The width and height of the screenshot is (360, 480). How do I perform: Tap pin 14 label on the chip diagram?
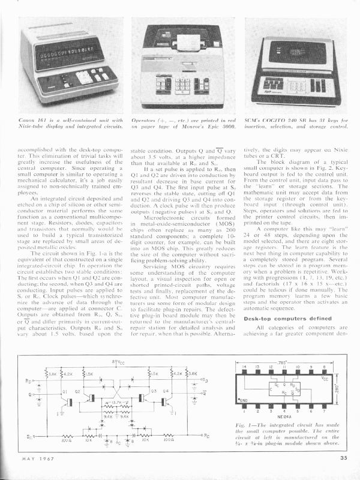[x=244, y=349]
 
